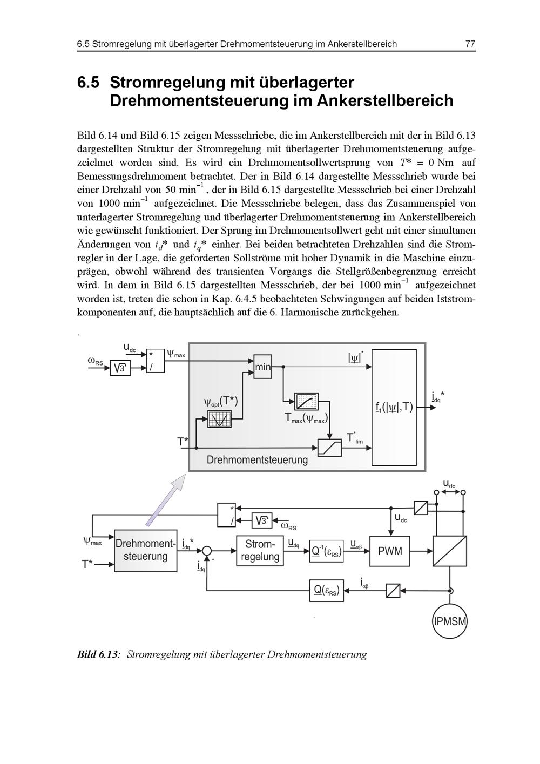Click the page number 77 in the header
click(x=470, y=44)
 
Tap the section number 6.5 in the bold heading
click(x=89, y=83)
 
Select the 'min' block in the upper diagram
click(x=262, y=367)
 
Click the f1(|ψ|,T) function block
click(x=394, y=407)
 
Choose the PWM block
click(x=390, y=551)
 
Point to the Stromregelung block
click(x=260, y=551)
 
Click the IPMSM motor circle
click(x=450, y=621)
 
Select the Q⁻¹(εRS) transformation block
click(x=327, y=552)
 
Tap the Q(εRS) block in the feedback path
click(x=327, y=591)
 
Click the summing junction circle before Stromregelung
click(x=207, y=551)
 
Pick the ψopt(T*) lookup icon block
click(x=219, y=418)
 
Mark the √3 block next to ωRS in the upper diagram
click(x=120, y=368)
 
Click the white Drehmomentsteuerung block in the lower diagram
click(x=146, y=550)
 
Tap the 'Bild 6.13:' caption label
click(x=98, y=655)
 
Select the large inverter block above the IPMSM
click(x=450, y=551)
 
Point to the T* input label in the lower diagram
click(x=87, y=565)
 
